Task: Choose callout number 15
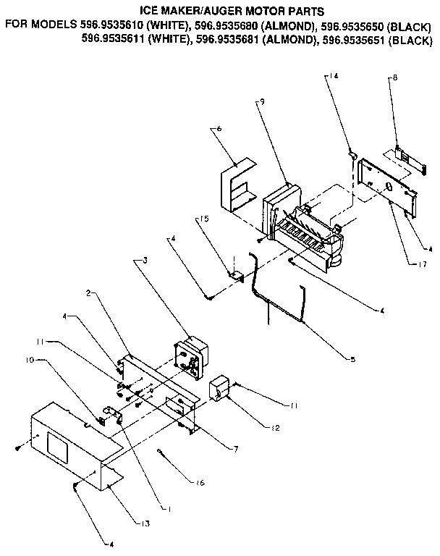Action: point(205,216)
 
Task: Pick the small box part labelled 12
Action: point(219,388)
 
